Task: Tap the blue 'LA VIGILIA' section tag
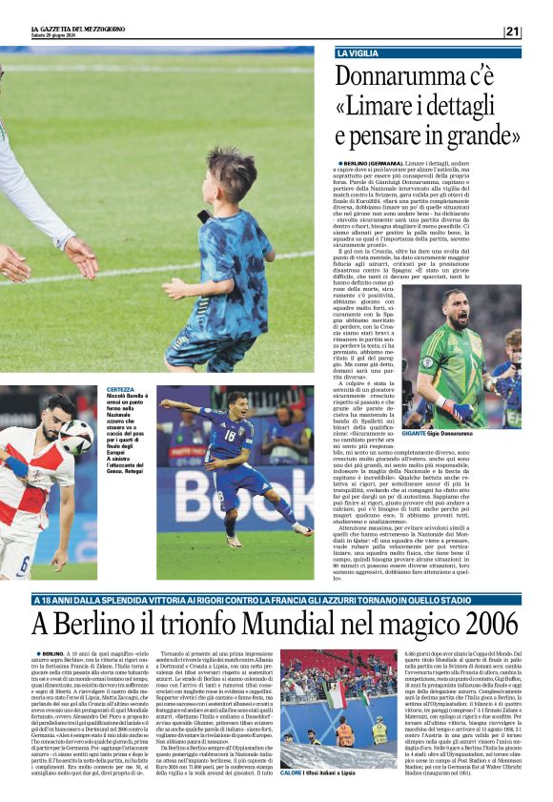[x=358, y=53]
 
